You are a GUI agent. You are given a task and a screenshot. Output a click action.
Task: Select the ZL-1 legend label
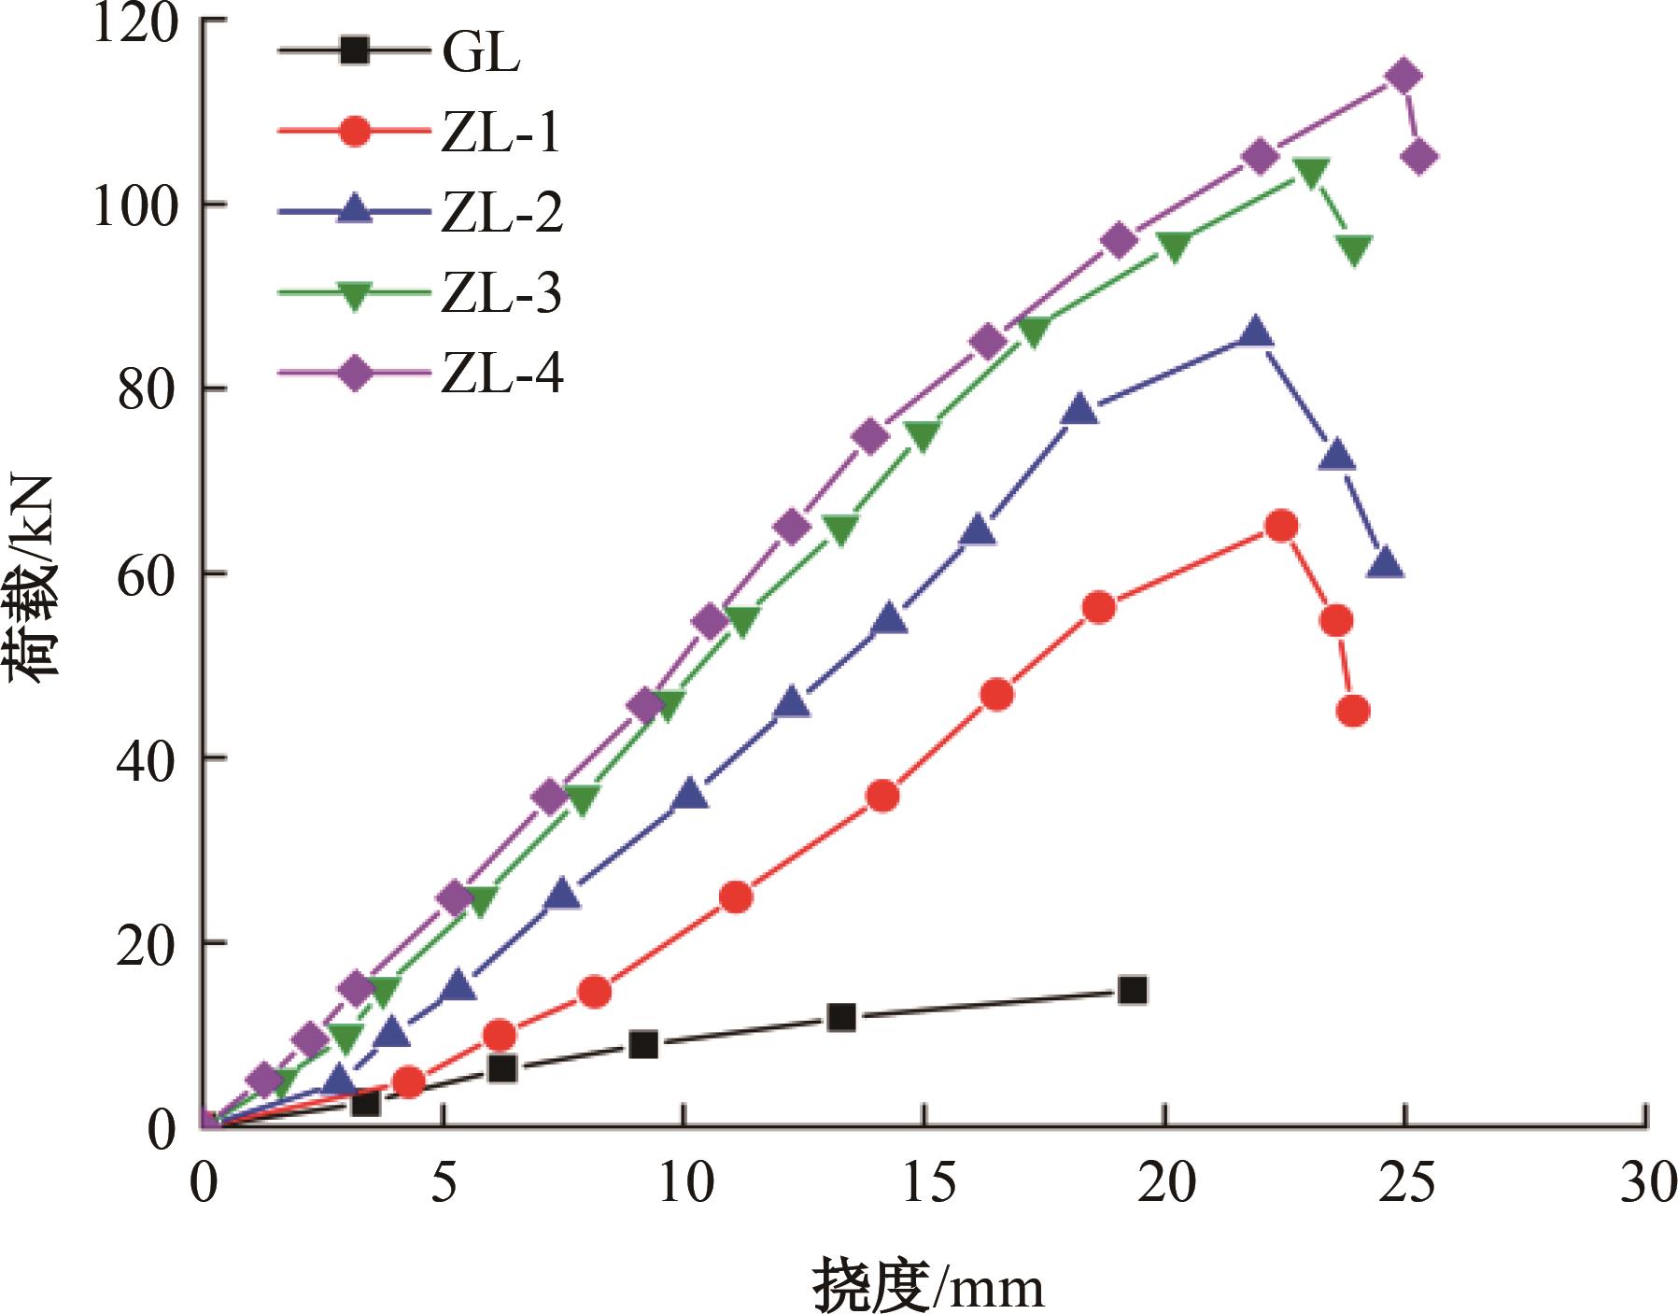click(x=501, y=133)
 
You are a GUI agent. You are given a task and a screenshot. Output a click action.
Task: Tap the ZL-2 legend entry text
click(x=502, y=213)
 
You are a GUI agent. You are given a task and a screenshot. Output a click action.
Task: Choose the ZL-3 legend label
click(x=501, y=294)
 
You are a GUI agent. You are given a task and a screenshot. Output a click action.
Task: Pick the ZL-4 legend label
click(x=502, y=375)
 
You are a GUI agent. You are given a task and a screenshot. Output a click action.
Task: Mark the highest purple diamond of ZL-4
click(x=1403, y=77)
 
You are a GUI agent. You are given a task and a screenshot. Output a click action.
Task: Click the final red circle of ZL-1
click(x=1353, y=712)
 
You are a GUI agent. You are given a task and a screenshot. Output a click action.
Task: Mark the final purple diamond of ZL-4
click(x=1419, y=158)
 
